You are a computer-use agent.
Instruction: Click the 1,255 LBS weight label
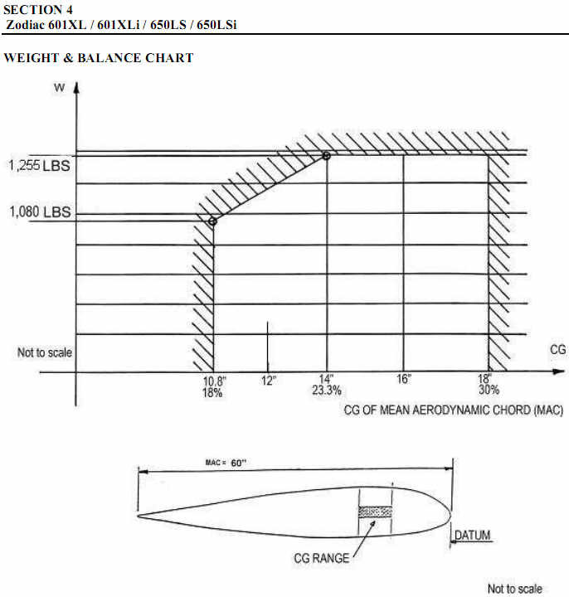39,166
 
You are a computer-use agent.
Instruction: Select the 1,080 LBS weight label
40,211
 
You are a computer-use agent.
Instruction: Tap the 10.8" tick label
215,381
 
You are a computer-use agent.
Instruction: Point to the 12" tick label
269,381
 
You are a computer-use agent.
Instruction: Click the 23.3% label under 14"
327,391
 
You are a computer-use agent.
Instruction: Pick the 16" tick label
404,379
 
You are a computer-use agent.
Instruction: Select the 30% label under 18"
489,390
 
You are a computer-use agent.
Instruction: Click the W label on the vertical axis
60,88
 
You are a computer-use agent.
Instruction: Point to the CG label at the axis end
558,350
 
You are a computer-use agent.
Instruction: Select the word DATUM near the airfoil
473,535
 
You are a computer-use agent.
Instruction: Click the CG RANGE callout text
322,558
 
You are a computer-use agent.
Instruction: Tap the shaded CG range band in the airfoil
375,512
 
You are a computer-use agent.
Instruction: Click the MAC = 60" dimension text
226,463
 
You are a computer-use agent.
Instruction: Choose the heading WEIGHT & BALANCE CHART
99,58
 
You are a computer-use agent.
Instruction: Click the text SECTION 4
38,9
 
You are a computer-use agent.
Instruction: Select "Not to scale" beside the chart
45,352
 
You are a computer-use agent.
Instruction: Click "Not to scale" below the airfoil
514,589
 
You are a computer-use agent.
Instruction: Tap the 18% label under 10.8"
212,392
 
